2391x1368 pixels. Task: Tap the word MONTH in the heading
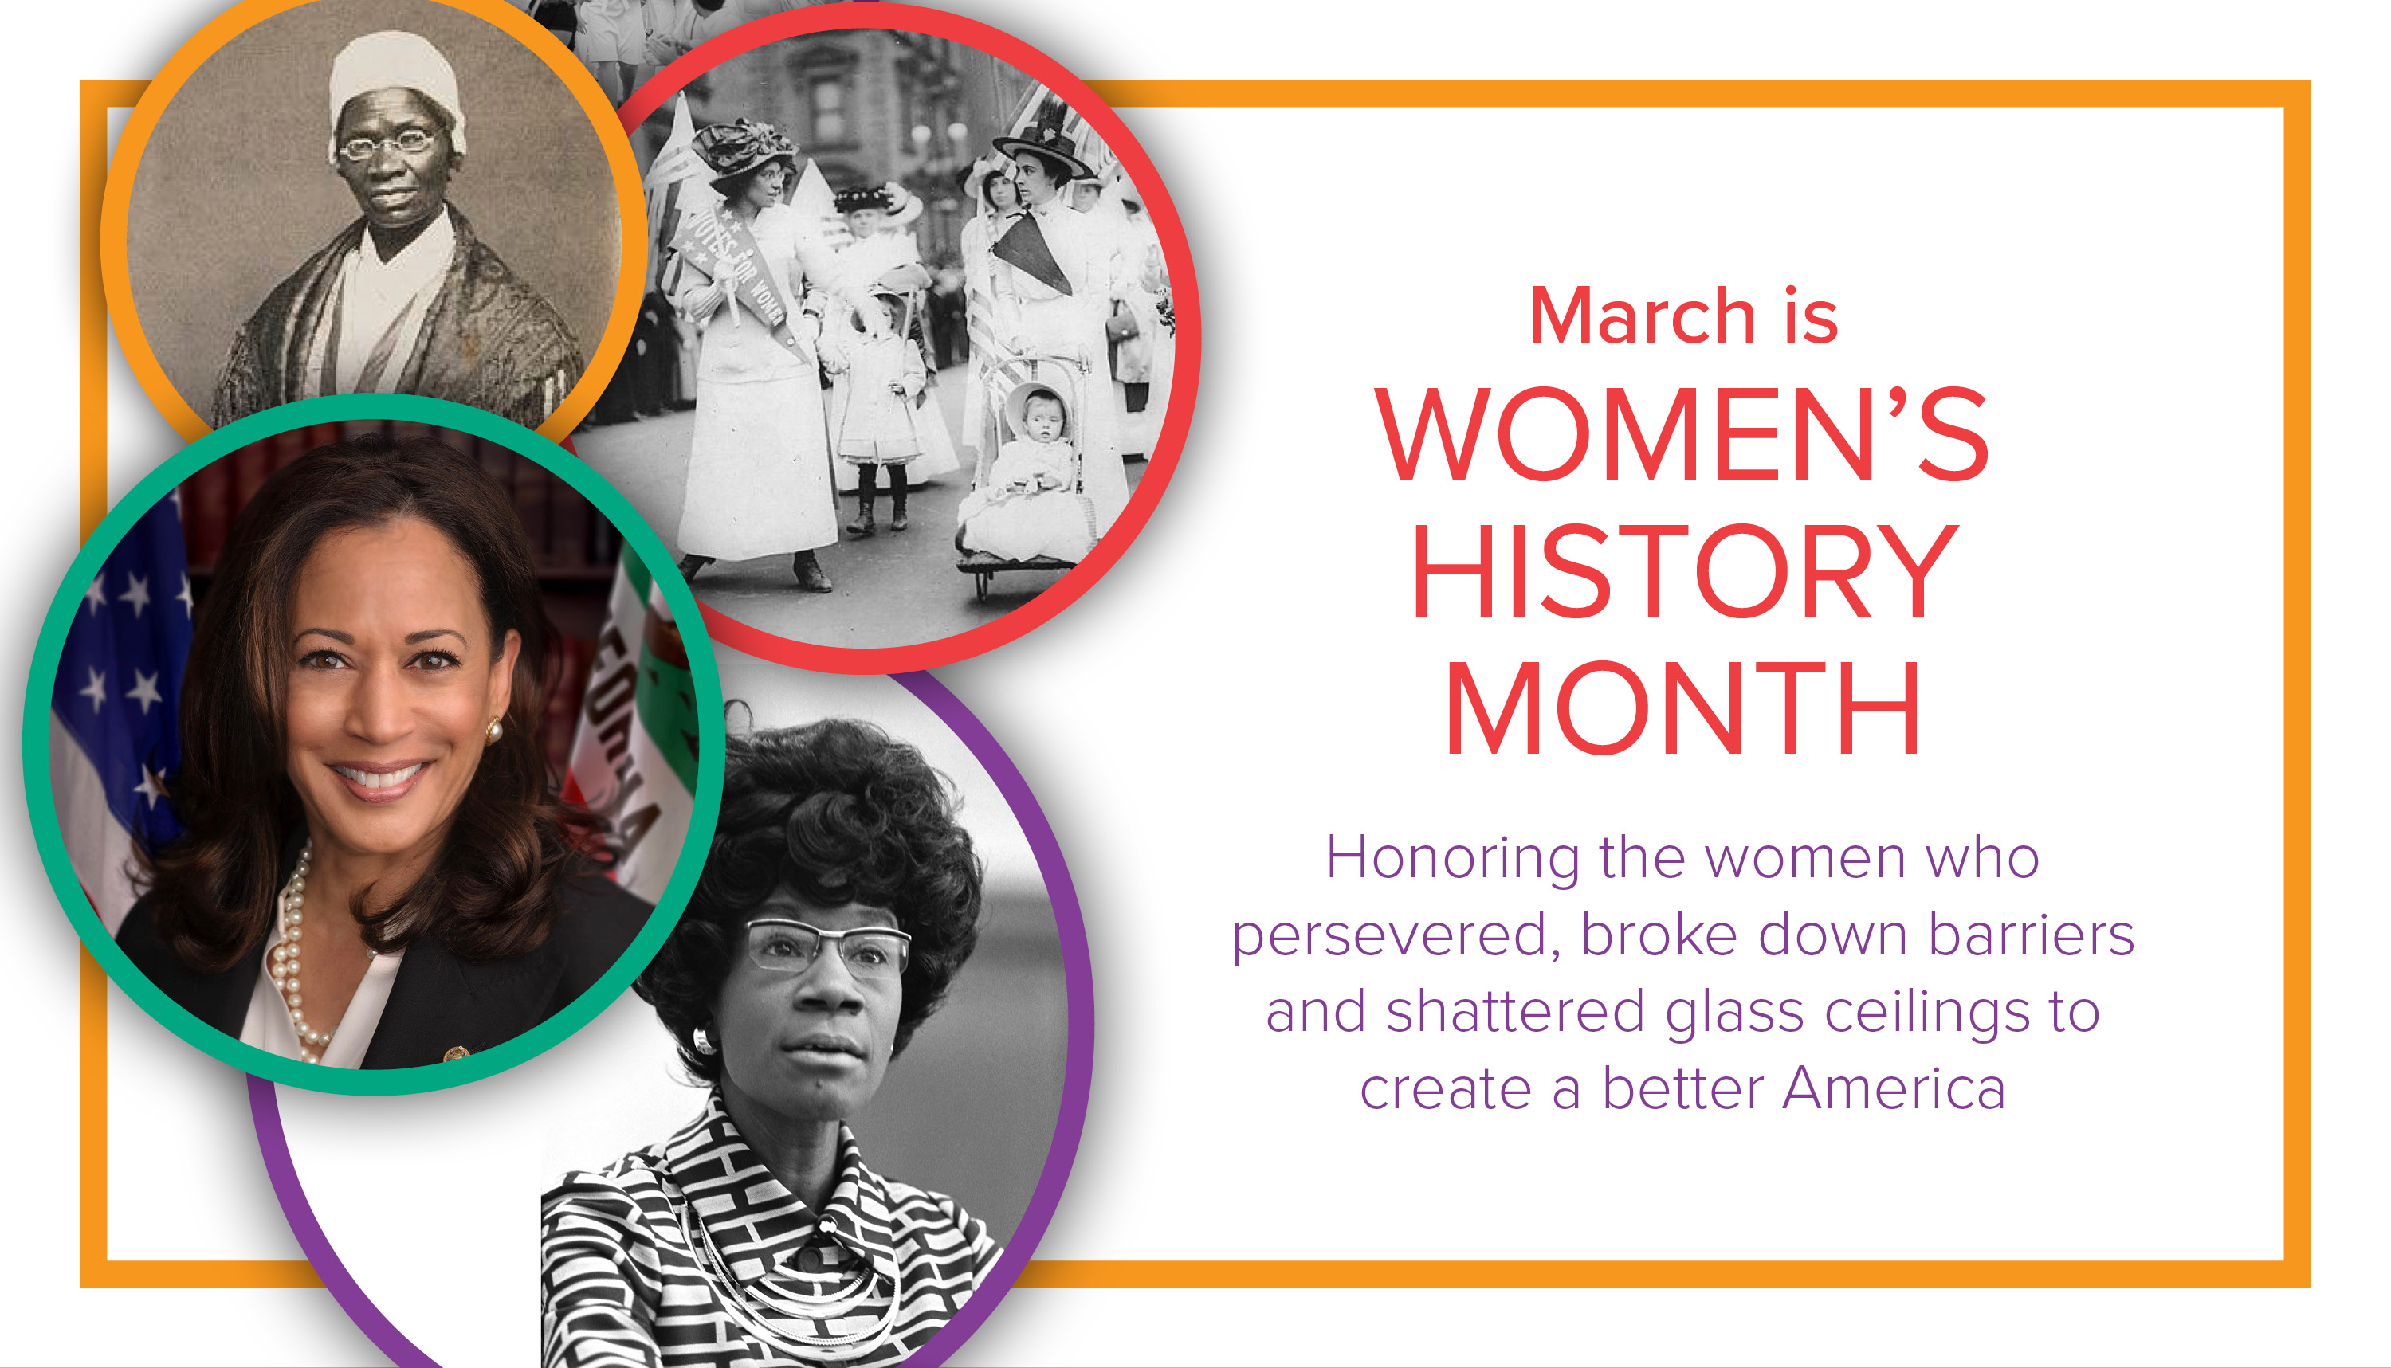click(x=1682, y=708)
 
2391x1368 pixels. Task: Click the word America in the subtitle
click(x=1894, y=1089)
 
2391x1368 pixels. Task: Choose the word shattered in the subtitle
click(x=1515, y=1012)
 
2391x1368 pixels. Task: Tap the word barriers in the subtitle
click(x=2032, y=936)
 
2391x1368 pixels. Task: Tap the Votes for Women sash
click(x=743, y=272)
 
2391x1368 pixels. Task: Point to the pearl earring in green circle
click(x=493, y=729)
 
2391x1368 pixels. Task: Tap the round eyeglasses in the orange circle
click(x=387, y=143)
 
